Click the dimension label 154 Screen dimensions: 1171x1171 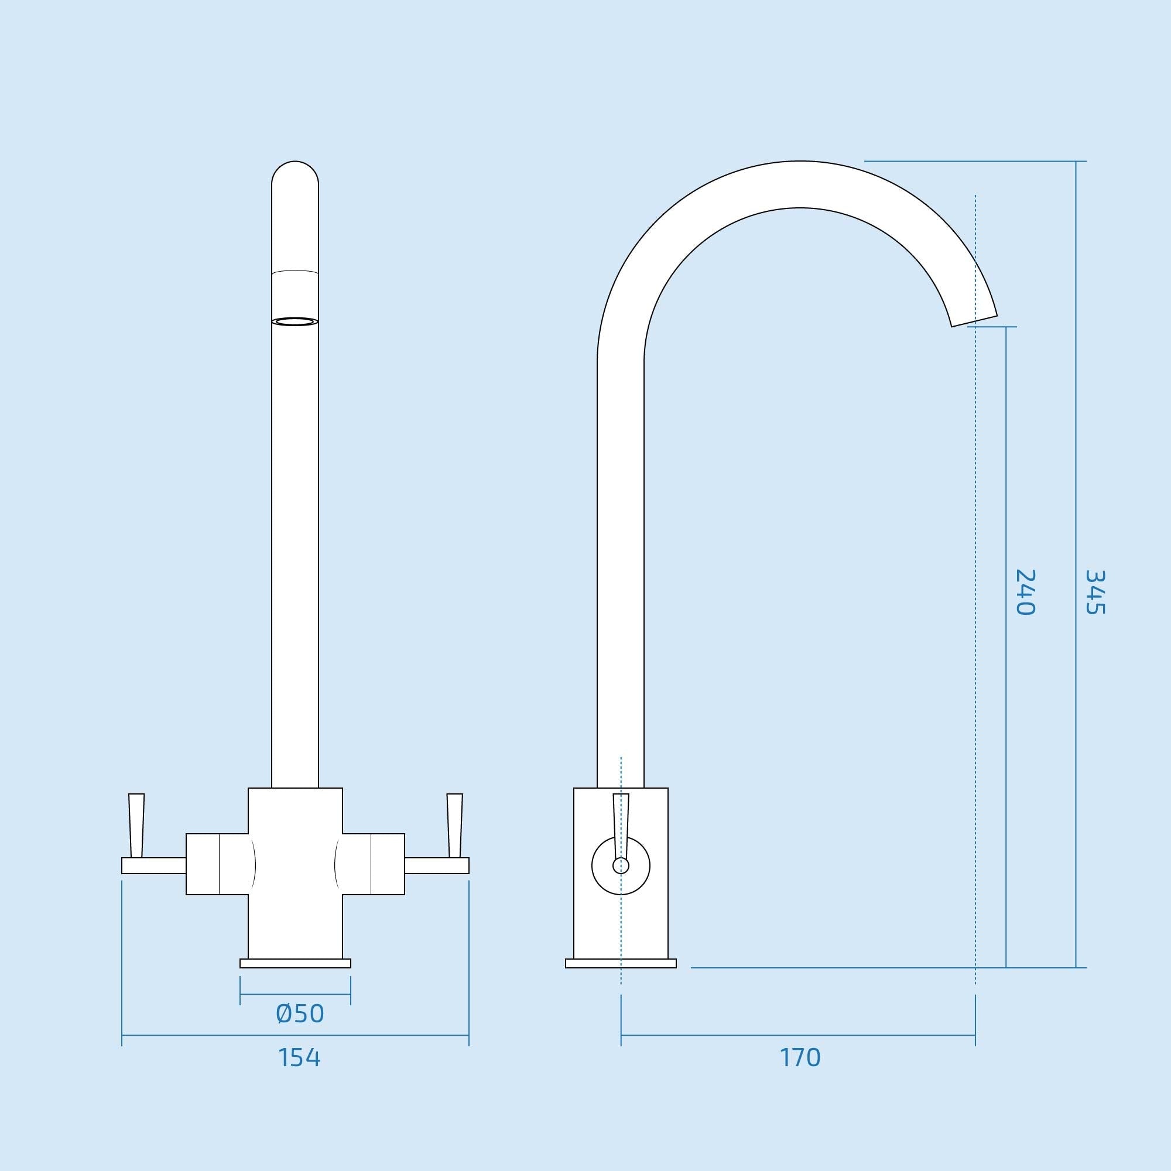(x=299, y=1057)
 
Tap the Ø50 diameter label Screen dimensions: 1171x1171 (x=299, y=1014)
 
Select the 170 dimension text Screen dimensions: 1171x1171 (x=799, y=1057)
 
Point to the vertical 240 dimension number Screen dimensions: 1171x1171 (x=1026, y=592)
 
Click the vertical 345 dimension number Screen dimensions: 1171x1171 (x=1095, y=592)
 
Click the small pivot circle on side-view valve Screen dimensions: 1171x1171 (x=621, y=865)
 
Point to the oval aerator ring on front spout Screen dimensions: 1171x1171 (x=295, y=322)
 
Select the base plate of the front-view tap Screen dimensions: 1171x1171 (x=295, y=964)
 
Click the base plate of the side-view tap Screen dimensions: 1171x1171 (x=621, y=964)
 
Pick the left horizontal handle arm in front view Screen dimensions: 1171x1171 (x=153, y=865)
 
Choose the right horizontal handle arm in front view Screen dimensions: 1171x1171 (x=437, y=865)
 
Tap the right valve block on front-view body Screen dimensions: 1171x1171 (x=374, y=864)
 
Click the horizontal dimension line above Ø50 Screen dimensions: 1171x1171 (x=295, y=994)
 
